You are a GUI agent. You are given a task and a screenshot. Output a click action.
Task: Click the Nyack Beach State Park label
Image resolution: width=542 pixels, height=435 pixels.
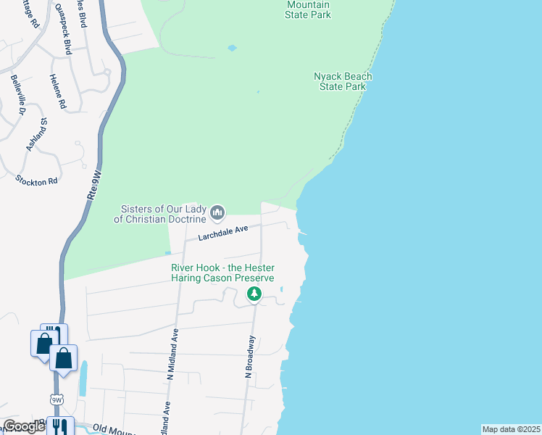point(343,81)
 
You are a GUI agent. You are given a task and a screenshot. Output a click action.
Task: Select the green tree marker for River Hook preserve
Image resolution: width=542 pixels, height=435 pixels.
point(254,294)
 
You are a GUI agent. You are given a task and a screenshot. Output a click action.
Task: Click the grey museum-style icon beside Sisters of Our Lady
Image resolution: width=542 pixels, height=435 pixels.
point(217,213)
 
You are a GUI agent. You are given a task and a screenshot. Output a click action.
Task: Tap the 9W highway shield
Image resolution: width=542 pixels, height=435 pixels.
point(57,399)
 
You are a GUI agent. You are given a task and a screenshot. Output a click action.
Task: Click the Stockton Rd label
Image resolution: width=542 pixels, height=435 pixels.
point(37,179)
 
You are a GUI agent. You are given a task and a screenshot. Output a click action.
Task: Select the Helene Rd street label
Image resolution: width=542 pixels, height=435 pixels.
point(58,92)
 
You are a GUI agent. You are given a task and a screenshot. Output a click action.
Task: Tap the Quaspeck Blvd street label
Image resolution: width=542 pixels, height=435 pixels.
point(63,29)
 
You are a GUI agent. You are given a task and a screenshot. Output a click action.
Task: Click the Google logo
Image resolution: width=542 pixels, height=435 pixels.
point(24,426)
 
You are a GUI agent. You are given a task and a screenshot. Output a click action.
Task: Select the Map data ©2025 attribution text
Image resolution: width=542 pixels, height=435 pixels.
point(511,429)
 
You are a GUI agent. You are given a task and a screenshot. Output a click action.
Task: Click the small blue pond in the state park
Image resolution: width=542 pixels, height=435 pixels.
point(232,48)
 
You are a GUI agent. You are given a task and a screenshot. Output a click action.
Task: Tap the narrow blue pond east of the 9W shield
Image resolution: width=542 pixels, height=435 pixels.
point(83,378)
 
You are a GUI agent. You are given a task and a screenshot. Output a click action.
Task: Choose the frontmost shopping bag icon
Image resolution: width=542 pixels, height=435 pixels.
point(64,358)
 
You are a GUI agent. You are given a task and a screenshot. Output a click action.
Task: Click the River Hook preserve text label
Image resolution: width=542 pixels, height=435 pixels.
point(222,273)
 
